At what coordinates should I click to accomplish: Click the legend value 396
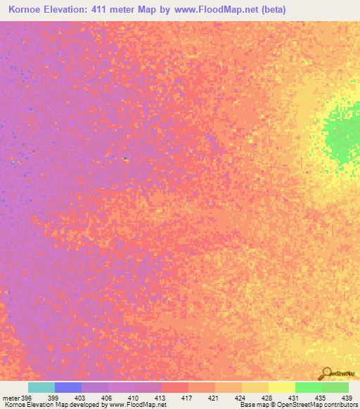pos(27,398)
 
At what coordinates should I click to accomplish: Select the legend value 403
pos(80,398)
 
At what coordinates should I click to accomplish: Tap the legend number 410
pos(133,398)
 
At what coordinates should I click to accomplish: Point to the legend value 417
pos(186,398)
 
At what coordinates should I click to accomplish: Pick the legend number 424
pos(239,398)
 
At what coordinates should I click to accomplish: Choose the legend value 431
pos(292,398)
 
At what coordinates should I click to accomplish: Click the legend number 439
pos(345,398)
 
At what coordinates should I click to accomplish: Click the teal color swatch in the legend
pos(41,387)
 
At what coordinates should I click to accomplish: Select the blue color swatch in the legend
pos(68,387)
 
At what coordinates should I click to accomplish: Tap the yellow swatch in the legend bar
pos(281,387)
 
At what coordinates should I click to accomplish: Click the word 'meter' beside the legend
pos(11,398)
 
